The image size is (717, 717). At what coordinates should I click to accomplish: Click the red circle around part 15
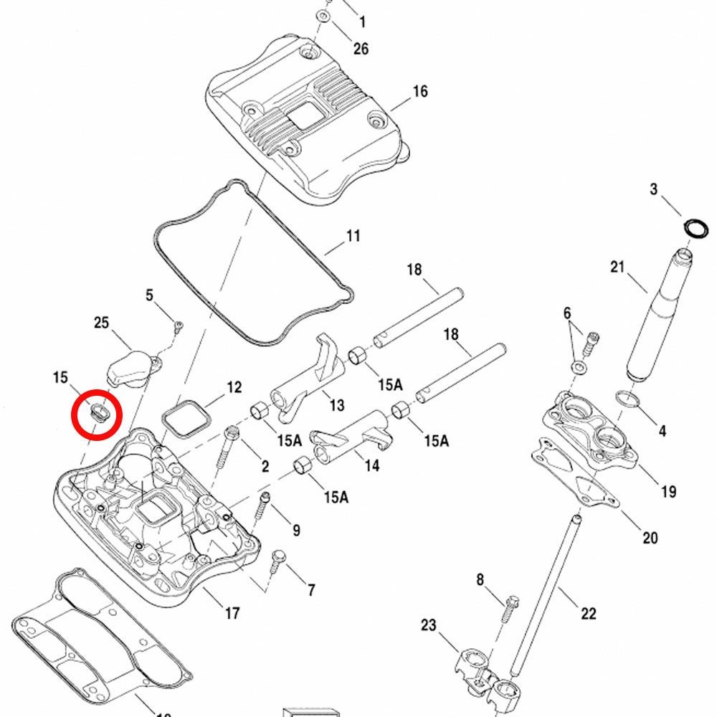pyautogui.click(x=97, y=414)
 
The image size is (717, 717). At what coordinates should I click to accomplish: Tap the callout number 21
pyautogui.click(x=618, y=267)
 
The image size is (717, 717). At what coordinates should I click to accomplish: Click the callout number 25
pyautogui.click(x=102, y=323)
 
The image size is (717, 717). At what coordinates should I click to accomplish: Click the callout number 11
pyautogui.click(x=353, y=236)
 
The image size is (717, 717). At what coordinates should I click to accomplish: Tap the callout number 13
pyautogui.click(x=336, y=406)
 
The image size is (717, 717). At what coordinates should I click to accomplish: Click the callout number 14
pyautogui.click(x=371, y=465)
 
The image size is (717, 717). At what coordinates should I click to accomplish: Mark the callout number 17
pyautogui.click(x=232, y=613)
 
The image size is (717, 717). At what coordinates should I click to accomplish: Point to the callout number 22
pyautogui.click(x=588, y=613)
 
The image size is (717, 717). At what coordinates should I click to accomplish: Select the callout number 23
pyautogui.click(x=428, y=625)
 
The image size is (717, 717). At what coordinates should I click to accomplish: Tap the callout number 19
pyautogui.click(x=668, y=492)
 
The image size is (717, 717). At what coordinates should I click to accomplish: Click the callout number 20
pyautogui.click(x=650, y=538)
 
